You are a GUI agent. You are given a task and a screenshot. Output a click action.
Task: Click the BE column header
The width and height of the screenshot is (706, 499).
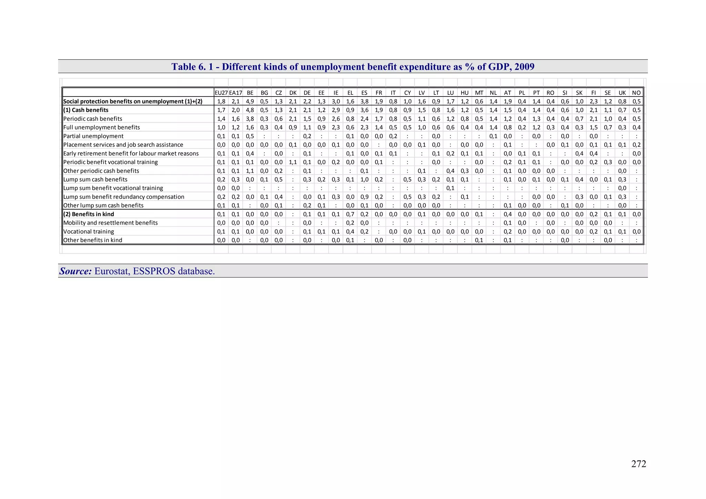(250, 93)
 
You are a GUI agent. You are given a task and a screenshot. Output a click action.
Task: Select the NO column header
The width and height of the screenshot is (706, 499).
(636, 93)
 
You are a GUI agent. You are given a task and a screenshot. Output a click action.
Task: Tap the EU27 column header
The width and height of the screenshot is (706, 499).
(221, 93)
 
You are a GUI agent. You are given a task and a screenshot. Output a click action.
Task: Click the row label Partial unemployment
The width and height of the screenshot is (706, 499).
(93, 136)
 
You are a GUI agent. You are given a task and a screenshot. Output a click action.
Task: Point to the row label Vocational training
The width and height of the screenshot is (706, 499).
(89, 232)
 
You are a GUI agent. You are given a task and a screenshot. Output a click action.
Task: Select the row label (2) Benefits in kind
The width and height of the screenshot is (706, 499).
(89, 214)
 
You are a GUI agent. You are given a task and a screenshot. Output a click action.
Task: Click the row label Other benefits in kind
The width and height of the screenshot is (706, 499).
(93, 240)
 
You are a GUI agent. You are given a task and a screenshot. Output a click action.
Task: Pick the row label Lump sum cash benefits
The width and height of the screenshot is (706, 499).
(95, 180)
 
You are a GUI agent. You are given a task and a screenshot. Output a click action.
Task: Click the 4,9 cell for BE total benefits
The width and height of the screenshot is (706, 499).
(250, 101)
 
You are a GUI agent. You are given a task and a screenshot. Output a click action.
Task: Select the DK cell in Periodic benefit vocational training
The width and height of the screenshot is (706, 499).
(293, 162)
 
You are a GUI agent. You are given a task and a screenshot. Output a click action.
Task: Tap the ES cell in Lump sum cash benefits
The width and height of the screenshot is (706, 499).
(364, 180)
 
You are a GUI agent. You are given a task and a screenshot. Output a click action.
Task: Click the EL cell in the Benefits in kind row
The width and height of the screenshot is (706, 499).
(350, 214)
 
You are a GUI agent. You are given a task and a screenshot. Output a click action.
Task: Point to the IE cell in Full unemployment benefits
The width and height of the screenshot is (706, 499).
(336, 128)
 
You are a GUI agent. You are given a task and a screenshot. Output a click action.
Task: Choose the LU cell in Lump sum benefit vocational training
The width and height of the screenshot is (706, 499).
(450, 188)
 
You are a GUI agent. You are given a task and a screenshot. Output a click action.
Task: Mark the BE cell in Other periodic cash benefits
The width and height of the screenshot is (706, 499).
(250, 171)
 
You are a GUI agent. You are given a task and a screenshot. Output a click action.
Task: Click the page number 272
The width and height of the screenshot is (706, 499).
(638, 464)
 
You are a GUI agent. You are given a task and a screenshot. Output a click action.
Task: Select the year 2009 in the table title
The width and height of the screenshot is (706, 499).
(524, 67)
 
